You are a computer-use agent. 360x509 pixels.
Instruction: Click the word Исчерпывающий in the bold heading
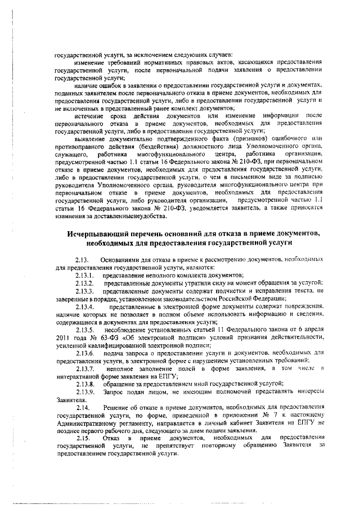click(98, 233)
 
